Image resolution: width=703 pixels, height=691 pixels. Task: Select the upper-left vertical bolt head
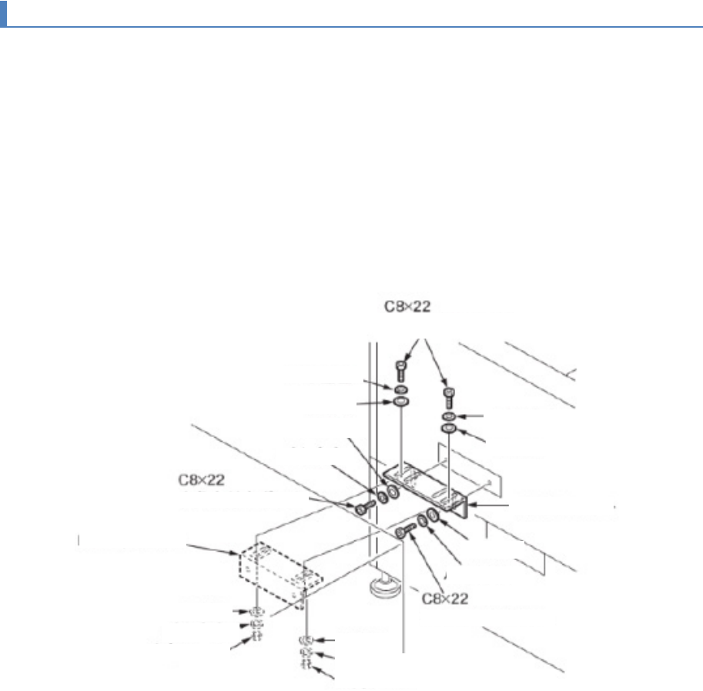point(401,368)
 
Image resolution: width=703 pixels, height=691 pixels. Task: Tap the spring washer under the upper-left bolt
point(401,391)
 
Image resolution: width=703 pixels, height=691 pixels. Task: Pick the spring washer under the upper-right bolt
point(448,416)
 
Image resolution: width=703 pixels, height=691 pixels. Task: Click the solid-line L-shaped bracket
point(431,485)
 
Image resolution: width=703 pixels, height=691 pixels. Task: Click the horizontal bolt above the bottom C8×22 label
point(407,531)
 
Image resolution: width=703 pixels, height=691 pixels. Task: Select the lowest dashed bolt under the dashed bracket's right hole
point(306,664)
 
